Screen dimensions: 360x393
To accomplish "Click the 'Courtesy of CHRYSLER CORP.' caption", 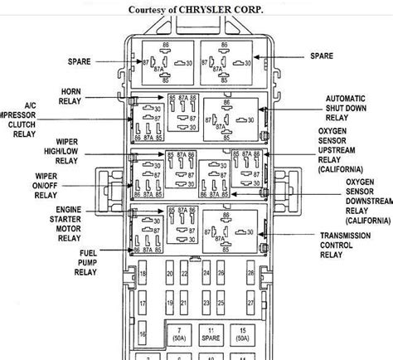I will point(196,9).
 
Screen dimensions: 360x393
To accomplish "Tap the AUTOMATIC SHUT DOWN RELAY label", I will point(344,109).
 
